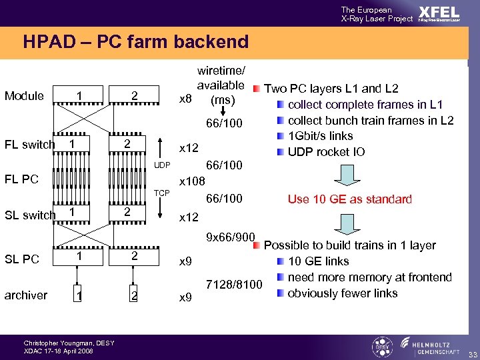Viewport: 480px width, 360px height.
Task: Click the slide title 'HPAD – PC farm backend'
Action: [135, 42]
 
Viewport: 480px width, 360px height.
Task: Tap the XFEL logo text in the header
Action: [438, 13]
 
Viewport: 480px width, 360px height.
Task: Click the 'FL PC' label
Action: [21, 179]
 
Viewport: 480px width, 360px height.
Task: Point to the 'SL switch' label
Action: [30, 215]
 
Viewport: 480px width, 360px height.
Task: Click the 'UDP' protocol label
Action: [163, 165]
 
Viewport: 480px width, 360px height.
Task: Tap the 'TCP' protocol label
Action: [163, 193]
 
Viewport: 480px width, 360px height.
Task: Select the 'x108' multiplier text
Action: [192, 181]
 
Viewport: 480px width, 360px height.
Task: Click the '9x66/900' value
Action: [230, 237]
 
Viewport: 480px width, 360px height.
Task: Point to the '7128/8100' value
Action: [235, 285]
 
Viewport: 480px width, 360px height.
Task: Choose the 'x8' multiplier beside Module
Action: [186, 100]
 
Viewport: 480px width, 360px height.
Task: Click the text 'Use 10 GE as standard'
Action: [349, 199]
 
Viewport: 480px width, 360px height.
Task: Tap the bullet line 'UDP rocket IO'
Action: [326, 151]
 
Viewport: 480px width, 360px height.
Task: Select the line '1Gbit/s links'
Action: [320, 136]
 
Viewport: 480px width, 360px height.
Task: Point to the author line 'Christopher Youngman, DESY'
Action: [69, 343]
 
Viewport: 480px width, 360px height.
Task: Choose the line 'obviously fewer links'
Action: [342, 293]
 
